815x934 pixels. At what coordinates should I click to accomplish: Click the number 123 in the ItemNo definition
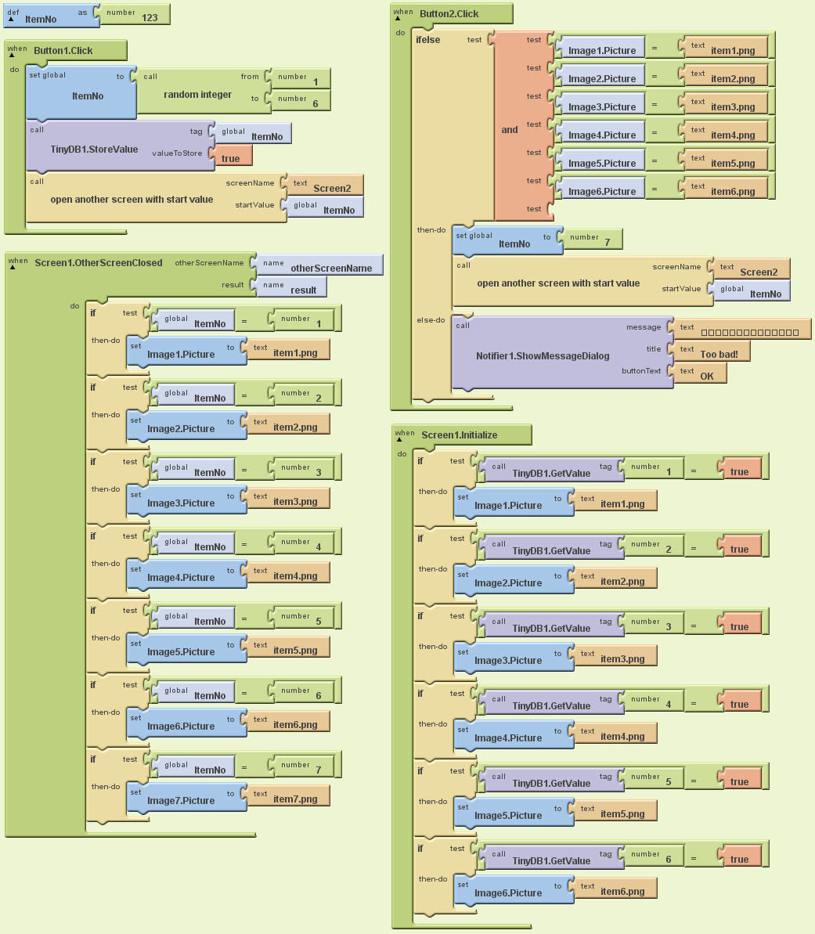click(x=150, y=17)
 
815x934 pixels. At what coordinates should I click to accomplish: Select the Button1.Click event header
click(x=63, y=51)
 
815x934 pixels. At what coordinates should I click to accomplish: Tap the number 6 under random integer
click(x=316, y=103)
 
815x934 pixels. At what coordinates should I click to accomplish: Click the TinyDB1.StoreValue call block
click(x=94, y=149)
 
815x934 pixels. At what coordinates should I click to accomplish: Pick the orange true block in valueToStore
click(x=230, y=158)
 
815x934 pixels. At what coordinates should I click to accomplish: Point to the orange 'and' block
click(x=510, y=130)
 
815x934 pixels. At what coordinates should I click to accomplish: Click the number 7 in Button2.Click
click(x=607, y=243)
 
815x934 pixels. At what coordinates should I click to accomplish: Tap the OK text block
click(x=707, y=376)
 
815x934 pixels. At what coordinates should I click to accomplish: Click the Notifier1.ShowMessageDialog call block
click(x=542, y=355)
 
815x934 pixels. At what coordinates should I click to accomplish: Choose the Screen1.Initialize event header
click(x=459, y=435)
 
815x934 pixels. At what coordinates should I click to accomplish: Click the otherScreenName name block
click(x=330, y=268)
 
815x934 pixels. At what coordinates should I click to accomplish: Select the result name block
click(x=303, y=290)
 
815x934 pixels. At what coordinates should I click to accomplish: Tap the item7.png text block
click(x=295, y=799)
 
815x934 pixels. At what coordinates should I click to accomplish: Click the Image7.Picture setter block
click(x=181, y=800)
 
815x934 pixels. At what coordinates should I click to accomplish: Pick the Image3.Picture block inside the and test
click(x=601, y=106)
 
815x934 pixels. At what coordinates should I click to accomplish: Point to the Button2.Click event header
click(x=449, y=14)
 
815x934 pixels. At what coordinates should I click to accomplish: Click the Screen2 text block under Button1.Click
click(x=332, y=188)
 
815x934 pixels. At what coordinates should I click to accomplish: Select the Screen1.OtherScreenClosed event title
click(x=99, y=263)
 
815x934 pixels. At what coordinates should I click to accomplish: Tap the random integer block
click(x=197, y=95)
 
